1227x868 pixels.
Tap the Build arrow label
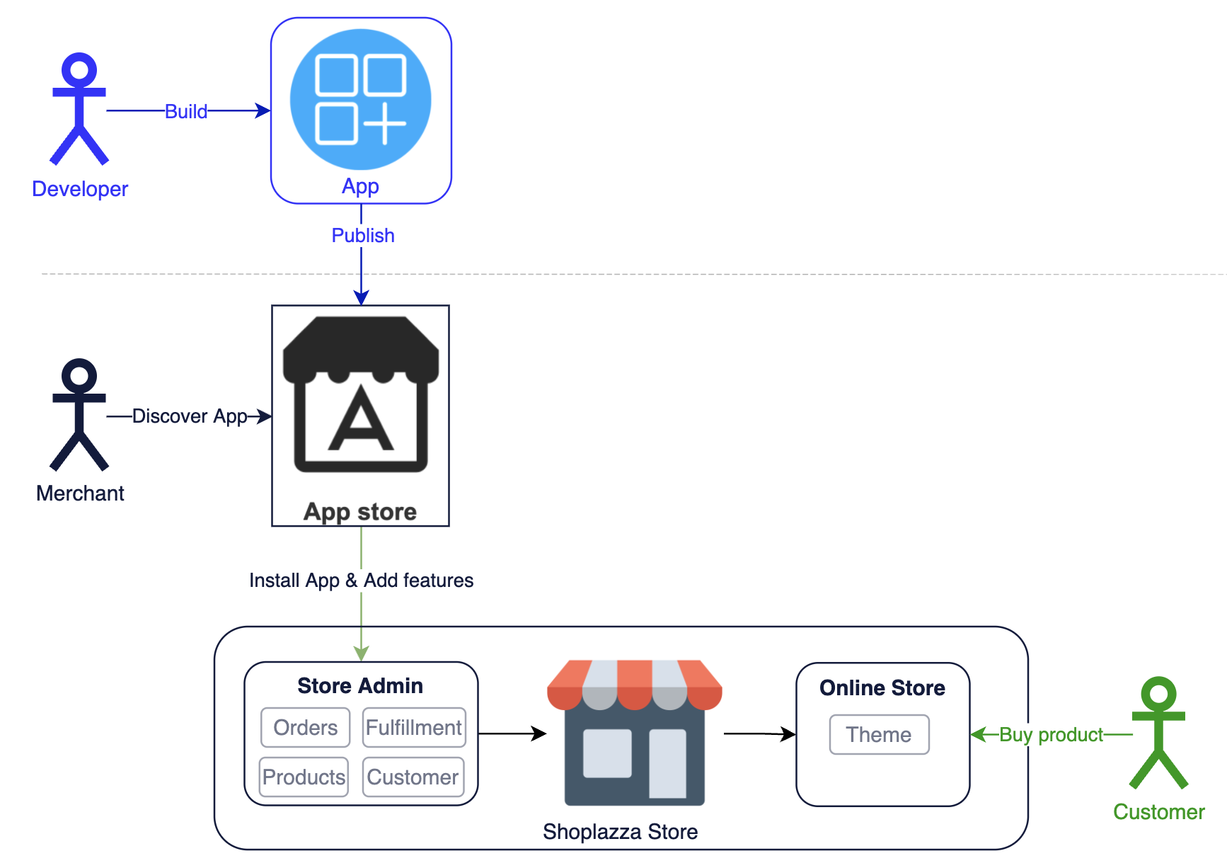point(186,112)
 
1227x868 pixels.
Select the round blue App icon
point(361,99)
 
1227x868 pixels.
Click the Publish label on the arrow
point(362,236)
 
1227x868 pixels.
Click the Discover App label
point(190,416)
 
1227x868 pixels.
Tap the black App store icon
point(361,395)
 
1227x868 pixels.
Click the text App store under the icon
point(360,511)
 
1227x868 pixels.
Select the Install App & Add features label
point(361,581)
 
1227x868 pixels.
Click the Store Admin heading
point(360,685)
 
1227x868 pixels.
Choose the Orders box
point(305,728)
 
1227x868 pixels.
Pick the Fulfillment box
point(414,728)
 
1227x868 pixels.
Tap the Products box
point(304,777)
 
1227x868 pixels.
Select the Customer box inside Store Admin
point(413,777)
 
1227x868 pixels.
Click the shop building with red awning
point(634,733)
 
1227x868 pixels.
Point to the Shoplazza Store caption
point(620,832)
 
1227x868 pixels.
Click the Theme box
point(879,735)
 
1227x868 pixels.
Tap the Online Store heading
point(882,688)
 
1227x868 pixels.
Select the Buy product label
point(1051,735)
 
